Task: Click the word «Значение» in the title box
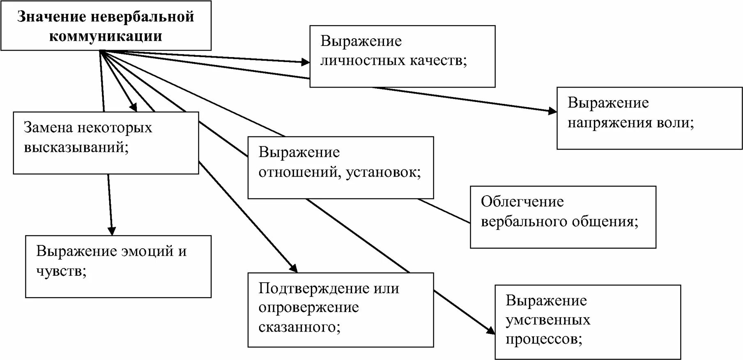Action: [x=52, y=17]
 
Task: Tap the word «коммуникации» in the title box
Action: [x=106, y=36]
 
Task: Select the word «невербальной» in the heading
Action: [x=142, y=17]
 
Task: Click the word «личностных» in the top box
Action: [x=361, y=61]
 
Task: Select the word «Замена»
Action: [x=48, y=127]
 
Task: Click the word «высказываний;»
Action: [x=76, y=147]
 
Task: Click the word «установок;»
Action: [x=384, y=172]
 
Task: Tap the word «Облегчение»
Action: [x=522, y=201]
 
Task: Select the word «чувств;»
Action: [x=61, y=271]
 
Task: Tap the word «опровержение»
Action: [x=308, y=308]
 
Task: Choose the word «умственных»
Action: [x=548, y=320]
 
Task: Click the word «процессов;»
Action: [x=544, y=339]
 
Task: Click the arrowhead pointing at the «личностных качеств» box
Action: [x=306, y=62]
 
